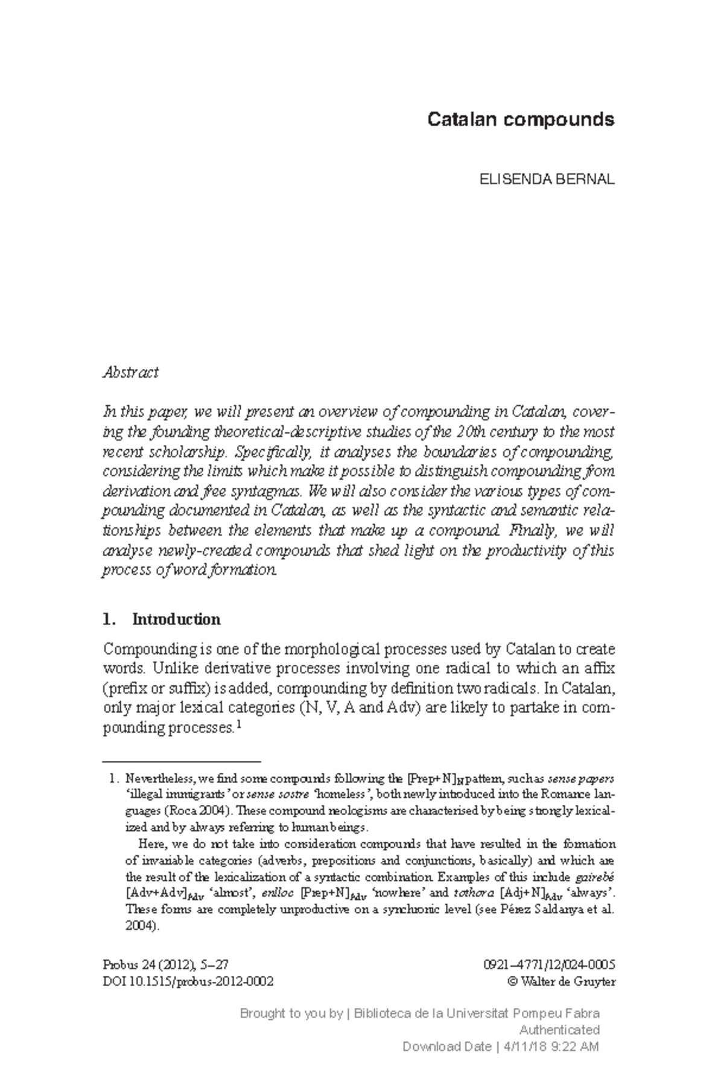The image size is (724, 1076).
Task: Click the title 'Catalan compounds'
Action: tap(521, 120)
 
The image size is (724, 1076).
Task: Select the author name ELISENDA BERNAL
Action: tap(547, 179)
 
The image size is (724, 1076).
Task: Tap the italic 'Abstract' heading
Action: tap(130, 373)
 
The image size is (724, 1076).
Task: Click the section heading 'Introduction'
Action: tap(176, 620)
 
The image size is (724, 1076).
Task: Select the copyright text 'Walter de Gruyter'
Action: tap(568, 981)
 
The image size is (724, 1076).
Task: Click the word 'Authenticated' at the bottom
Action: tap(559, 1030)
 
